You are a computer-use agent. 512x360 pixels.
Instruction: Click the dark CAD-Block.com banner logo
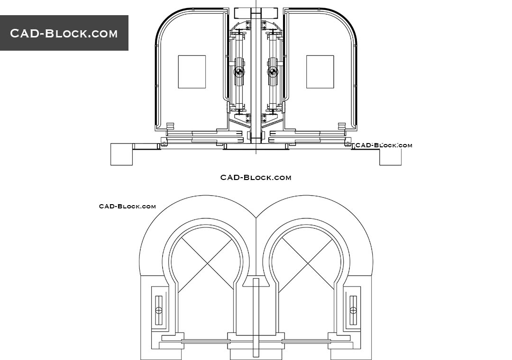pyautogui.click(x=64, y=33)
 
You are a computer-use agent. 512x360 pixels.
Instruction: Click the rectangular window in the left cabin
pyautogui.click(x=192, y=72)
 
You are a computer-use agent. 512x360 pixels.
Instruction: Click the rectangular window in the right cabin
pyautogui.click(x=320, y=72)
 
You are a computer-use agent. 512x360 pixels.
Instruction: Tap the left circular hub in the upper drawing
pyautogui.click(x=239, y=72)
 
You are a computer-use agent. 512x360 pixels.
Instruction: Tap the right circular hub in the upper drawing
pyautogui.click(x=273, y=72)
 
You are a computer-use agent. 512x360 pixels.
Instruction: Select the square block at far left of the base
pyautogui.click(x=121, y=154)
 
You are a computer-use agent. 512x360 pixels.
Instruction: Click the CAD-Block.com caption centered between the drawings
pyautogui.click(x=256, y=178)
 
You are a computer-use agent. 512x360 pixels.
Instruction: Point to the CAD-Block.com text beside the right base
pyautogui.click(x=384, y=145)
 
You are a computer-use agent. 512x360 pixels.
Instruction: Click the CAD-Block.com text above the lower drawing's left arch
pyautogui.click(x=127, y=206)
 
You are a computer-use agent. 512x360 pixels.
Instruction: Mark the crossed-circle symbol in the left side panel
pyautogui.click(x=159, y=310)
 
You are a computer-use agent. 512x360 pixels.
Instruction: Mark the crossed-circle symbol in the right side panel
pyautogui.click(x=353, y=310)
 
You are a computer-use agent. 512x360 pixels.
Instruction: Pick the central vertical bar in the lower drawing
pyautogui.click(x=256, y=317)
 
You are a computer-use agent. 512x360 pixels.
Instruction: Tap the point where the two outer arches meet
pyautogui.click(x=256, y=218)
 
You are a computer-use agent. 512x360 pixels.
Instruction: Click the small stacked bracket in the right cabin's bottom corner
pyautogui.click(x=342, y=126)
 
